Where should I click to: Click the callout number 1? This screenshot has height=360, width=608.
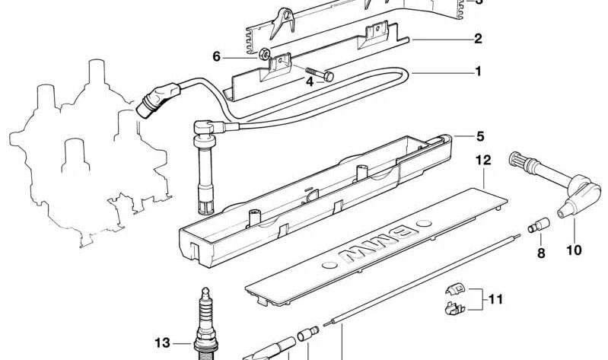(x=478, y=72)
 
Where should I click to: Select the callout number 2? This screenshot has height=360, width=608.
(x=478, y=39)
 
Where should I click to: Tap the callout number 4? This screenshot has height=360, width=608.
(x=310, y=81)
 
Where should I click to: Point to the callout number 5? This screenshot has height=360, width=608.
(x=479, y=137)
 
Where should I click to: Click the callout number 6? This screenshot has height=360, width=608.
(x=217, y=56)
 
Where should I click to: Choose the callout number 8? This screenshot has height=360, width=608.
(x=541, y=253)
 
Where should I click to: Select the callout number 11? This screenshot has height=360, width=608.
(x=495, y=300)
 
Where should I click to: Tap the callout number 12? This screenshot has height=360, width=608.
(x=484, y=160)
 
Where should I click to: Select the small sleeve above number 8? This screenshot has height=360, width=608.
(x=539, y=227)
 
